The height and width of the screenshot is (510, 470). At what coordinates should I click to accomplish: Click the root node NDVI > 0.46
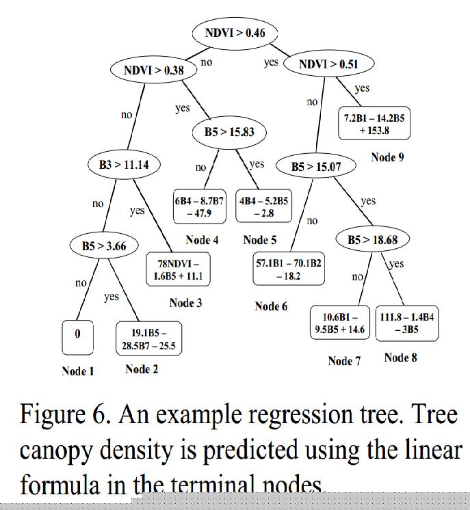[x=235, y=33]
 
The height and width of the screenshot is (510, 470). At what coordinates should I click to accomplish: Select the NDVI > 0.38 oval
[x=154, y=70]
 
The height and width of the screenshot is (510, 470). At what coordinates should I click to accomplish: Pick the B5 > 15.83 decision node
[x=229, y=131]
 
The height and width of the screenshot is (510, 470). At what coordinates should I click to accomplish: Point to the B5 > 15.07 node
[x=316, y=166]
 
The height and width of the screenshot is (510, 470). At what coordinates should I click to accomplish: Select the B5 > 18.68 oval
[x=373, y=239]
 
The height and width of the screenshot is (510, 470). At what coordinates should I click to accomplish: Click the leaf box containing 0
[x=77, y=334]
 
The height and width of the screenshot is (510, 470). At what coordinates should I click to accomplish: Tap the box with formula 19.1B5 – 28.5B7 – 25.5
[x=148, y=339]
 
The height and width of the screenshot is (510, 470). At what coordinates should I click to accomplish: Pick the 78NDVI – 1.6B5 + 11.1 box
[x=178, y=270]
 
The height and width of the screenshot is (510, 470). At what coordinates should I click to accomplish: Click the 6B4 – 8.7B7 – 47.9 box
[x=199, y=206]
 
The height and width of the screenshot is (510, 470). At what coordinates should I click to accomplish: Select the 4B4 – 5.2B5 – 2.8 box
[x=263, y=206]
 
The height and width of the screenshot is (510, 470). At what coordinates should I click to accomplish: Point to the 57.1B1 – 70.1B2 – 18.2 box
[x=289, y=269]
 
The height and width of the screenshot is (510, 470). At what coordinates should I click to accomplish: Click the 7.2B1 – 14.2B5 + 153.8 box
[x=374, y=124]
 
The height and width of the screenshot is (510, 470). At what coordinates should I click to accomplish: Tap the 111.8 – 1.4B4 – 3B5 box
[x=406, y=323]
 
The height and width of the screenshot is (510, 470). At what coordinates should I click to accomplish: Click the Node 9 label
[x=387, y=158]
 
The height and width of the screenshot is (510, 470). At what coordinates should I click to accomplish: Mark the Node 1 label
[x=78, y=371]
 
